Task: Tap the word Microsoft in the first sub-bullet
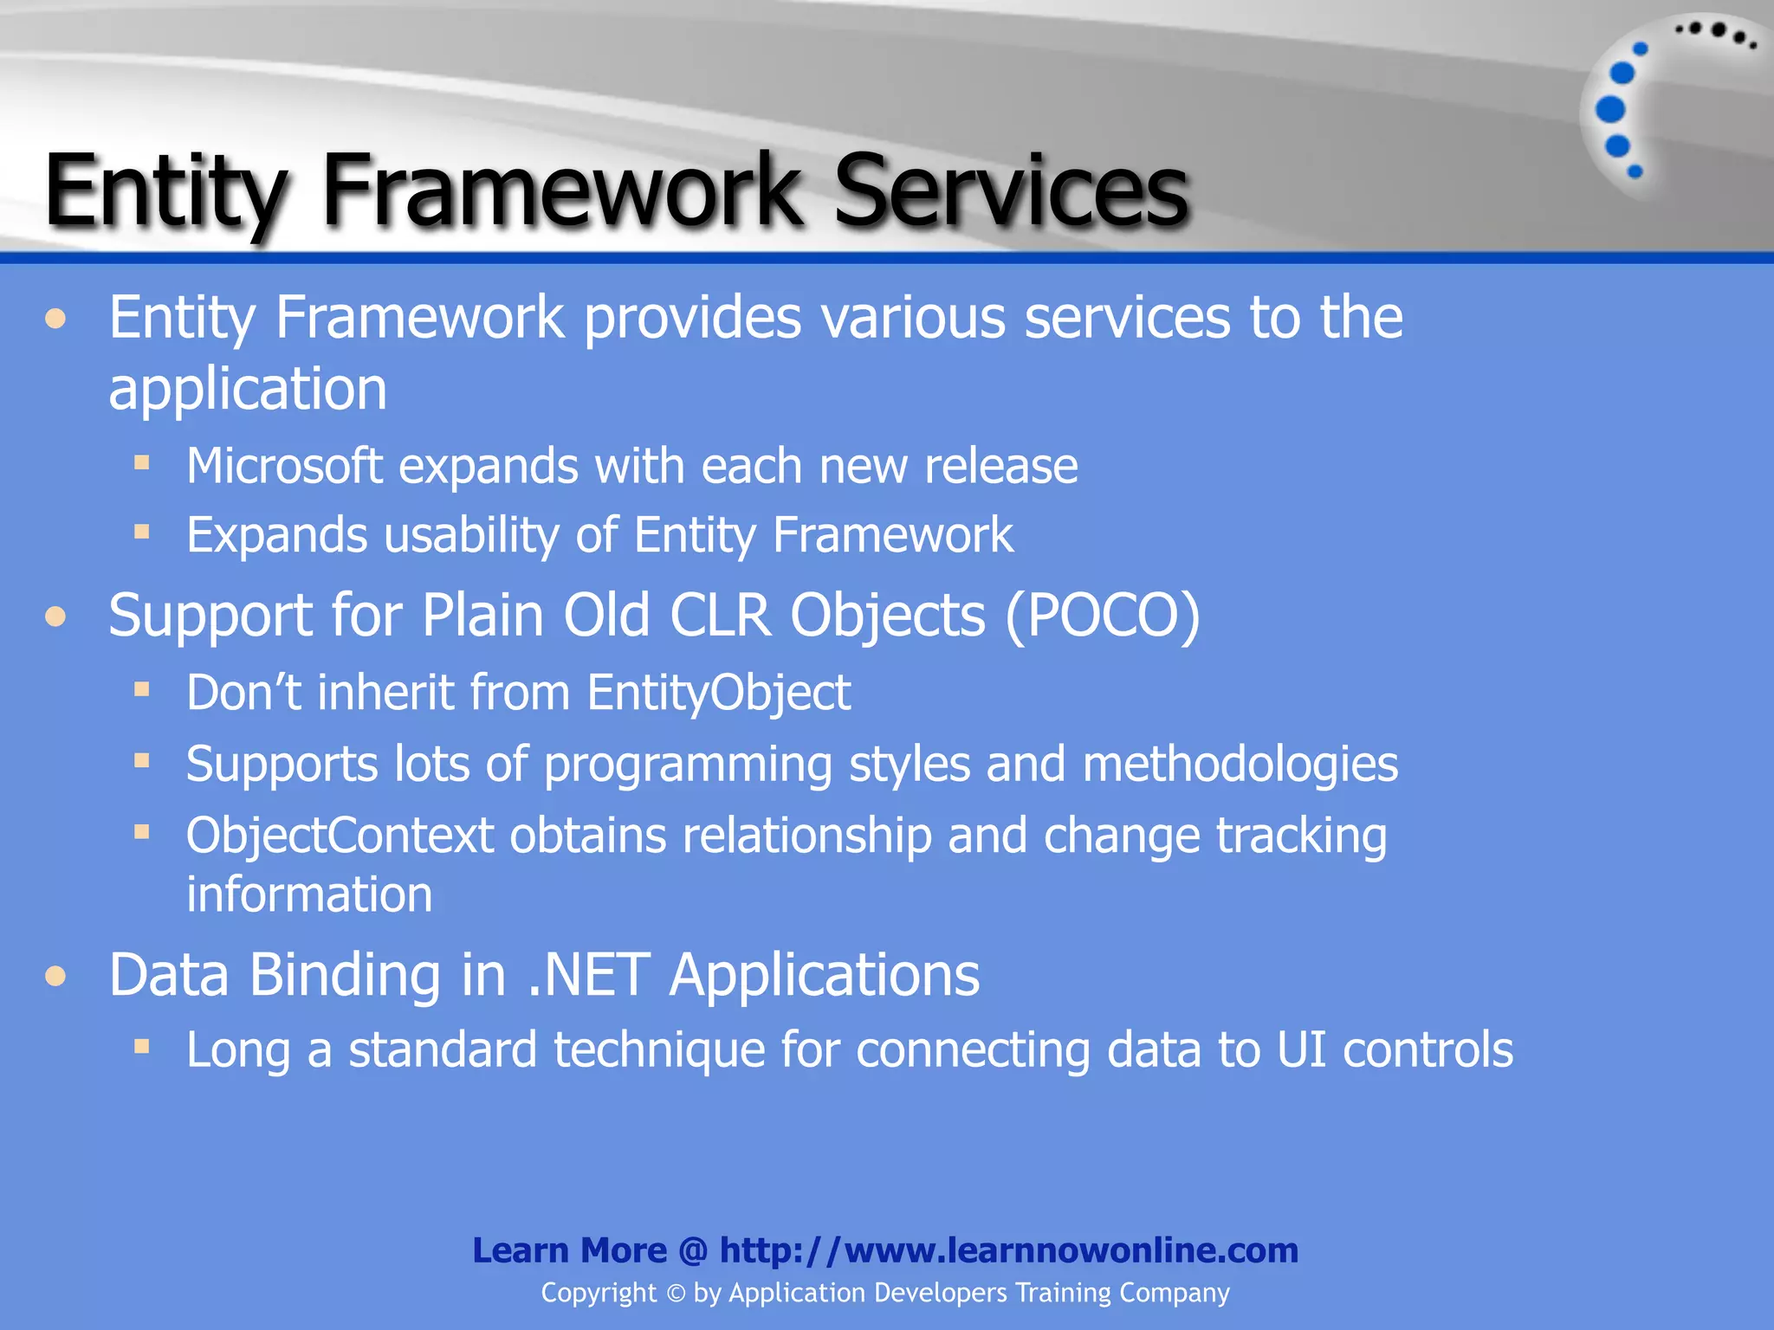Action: (x=284, y=467)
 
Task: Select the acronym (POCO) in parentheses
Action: (x=1103, y=616)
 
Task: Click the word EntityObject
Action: (x=718, y=693)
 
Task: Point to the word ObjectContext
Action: (x=340, y=836)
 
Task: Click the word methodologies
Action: (x=1240, y=765)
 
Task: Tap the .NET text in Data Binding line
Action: (x=588, y=976)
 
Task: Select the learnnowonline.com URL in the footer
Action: (x=1008, y=1250)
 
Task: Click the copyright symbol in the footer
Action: (x=676, y=1294)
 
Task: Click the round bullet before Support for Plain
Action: (x=56, y=617)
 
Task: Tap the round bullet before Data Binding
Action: (x=56, y=977)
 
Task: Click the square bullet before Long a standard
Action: (x=142, y=1046)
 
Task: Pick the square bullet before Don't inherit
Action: (x=142, y=689)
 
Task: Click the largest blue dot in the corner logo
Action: (x=1610, y=110)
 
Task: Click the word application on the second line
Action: (x=248, y=389)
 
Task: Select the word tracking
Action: (x=1301, y=836)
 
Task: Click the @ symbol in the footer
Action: (x=693, y=1250)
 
